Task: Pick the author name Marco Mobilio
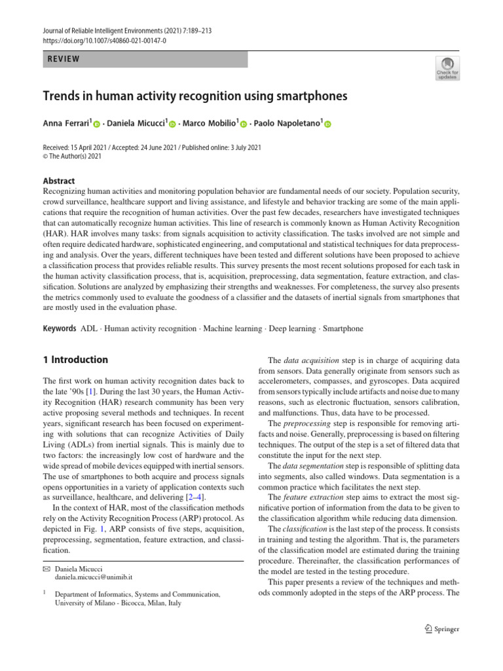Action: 208,123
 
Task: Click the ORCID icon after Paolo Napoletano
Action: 328,124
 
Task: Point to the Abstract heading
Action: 58,181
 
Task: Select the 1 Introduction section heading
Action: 75,360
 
